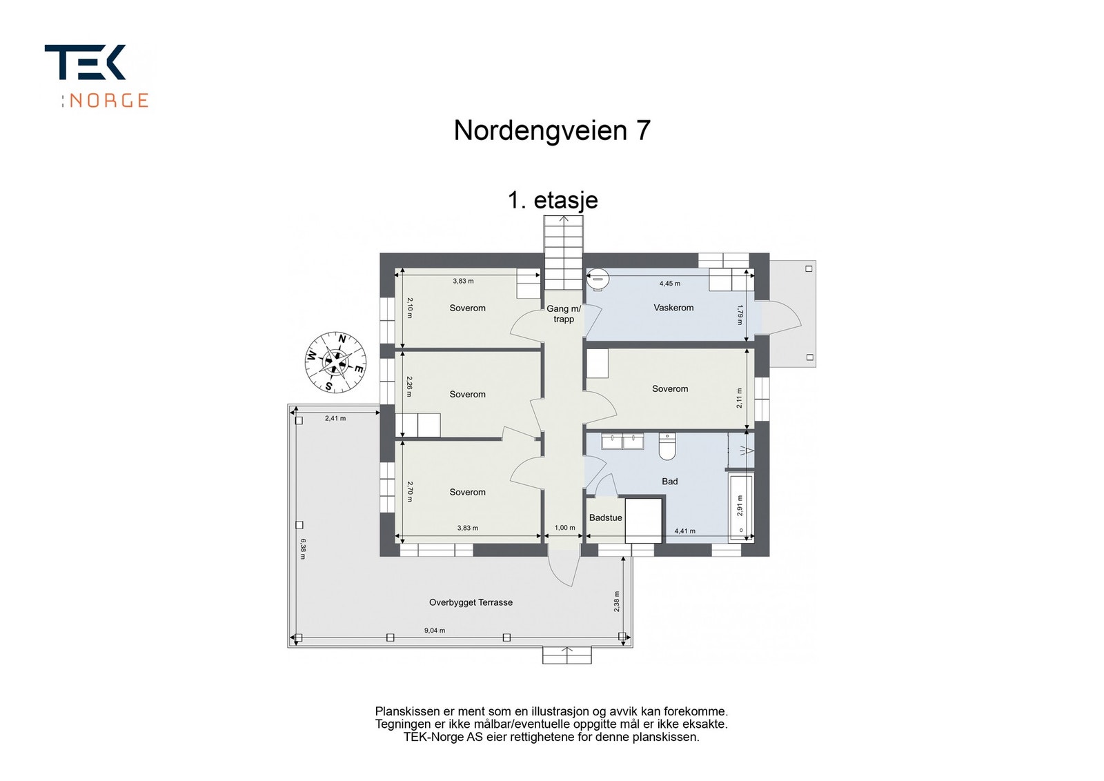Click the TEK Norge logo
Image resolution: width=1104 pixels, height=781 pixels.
[96, 75]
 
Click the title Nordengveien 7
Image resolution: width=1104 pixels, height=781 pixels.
[552, 130]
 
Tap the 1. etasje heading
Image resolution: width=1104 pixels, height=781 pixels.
[553, 200]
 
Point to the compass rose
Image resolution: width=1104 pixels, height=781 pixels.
[335, 362]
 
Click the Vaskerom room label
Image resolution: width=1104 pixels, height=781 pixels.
[673, 308]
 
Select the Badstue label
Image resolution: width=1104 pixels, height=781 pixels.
[605, 517]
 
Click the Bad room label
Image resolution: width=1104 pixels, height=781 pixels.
[669, 482]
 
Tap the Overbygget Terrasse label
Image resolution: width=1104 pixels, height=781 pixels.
[471, 602]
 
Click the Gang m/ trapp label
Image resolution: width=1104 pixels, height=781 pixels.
[564, 314]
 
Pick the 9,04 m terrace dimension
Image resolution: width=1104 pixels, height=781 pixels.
[434, 631]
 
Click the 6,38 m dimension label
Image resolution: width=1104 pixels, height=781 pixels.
[303, 549]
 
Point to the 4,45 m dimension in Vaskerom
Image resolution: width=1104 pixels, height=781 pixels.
[669, 284]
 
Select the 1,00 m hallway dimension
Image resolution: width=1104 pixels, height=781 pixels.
[564, 528]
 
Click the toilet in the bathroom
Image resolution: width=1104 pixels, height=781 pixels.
[667, 447]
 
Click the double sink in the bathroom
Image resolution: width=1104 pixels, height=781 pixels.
[622, 441]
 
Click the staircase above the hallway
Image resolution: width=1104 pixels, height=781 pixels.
[564, 253]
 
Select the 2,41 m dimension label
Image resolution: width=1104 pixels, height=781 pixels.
[335, 418]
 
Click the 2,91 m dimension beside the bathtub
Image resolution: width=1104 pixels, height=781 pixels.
[740, 506]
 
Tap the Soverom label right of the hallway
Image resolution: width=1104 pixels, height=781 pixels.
[670, 389]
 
